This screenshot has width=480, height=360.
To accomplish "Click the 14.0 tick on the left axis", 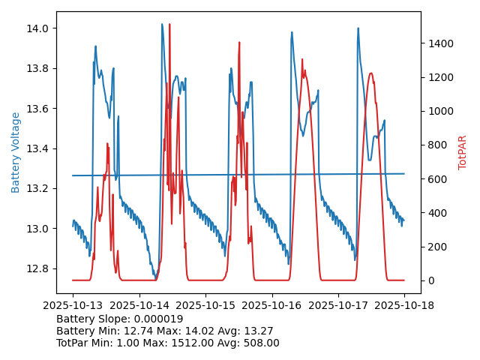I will [38, 28].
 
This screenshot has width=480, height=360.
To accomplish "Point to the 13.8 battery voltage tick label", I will [38, 68].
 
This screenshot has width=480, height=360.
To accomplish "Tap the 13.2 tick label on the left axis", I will [38, 188].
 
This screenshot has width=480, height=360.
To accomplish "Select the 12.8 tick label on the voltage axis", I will [38, 268].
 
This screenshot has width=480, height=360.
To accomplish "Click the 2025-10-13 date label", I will [73, 305].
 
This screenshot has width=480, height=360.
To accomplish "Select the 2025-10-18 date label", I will [404, 305].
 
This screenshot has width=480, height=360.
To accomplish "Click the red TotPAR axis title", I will [463, 152].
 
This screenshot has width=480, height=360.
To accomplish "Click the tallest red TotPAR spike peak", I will [169, 25].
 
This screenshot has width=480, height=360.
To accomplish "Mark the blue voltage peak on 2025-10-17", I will [358, 28].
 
